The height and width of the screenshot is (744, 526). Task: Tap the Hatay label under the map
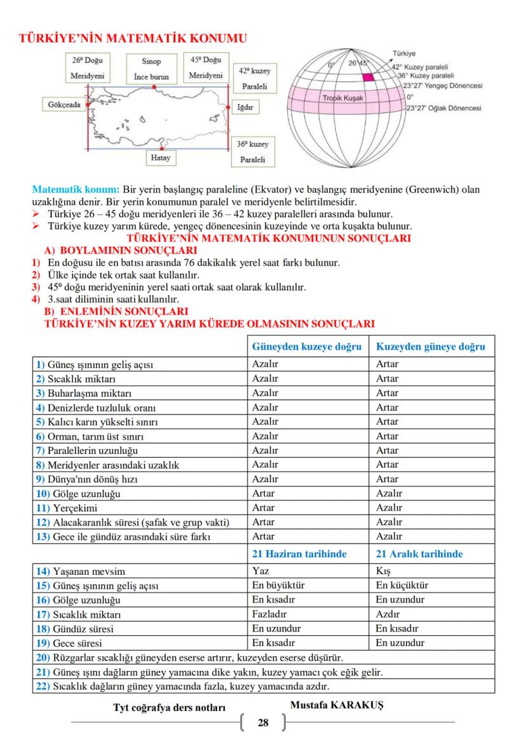pyautogui.click(x=161, y=157)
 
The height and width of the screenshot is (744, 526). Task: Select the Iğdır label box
pyautogui.click(x=245, y=107)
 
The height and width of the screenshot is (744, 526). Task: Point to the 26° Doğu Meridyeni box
pyautogui.click(x=87, y=68)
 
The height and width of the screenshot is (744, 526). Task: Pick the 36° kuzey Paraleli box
pyautogui.click(x=253, y=153)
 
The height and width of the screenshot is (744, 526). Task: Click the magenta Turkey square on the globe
pyautogui.click(x=368, y=76)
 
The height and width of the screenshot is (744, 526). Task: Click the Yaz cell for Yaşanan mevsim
pyautogui.click(x=260, y=571)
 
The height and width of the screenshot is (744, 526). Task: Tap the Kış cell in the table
pyautogui.click(x=383, y=571)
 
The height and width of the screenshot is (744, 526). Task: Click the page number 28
pyautogui.click(x=263, y=722)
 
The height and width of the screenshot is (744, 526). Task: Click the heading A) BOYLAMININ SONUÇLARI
pyautogui.click(x=111, y=251)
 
